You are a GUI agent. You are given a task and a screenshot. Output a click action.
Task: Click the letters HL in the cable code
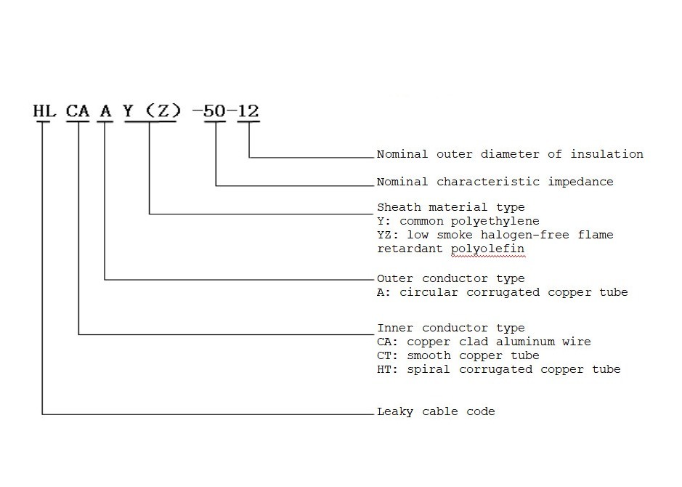(x=44, y=111)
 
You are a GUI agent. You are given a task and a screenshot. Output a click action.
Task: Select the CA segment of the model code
(x=78, y=111)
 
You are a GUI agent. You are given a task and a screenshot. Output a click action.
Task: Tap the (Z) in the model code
(x=160, y=111)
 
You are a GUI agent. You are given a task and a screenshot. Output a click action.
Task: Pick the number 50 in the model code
(x=215, y=111)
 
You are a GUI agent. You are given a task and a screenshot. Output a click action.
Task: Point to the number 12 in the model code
(x=248, y=111)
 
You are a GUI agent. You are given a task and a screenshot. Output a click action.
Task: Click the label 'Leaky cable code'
(x=436, y=411)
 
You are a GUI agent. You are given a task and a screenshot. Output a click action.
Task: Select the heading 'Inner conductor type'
(x=450, y=328)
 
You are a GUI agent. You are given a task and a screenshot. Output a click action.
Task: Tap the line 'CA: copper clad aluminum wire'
(x=484, y=342)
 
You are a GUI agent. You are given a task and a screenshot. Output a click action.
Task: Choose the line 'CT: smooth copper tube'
(x=458, y=355)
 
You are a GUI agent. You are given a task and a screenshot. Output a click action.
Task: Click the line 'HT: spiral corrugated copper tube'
(x=499, y=369)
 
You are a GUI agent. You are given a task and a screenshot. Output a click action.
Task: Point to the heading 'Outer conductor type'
(x=450, y=278)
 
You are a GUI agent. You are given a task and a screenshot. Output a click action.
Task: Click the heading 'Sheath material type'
(x=450, y=207)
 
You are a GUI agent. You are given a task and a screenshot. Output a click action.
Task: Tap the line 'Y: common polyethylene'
(x=458, y=221)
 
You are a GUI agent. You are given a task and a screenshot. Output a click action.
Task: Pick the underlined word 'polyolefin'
(x=487, y=249)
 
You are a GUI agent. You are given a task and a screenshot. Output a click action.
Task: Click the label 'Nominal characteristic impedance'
(x=495, y=182)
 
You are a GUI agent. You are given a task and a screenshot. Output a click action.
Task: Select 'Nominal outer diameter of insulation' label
(x=510, y=154)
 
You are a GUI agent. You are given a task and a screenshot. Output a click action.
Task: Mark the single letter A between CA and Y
(x=106, y=111)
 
